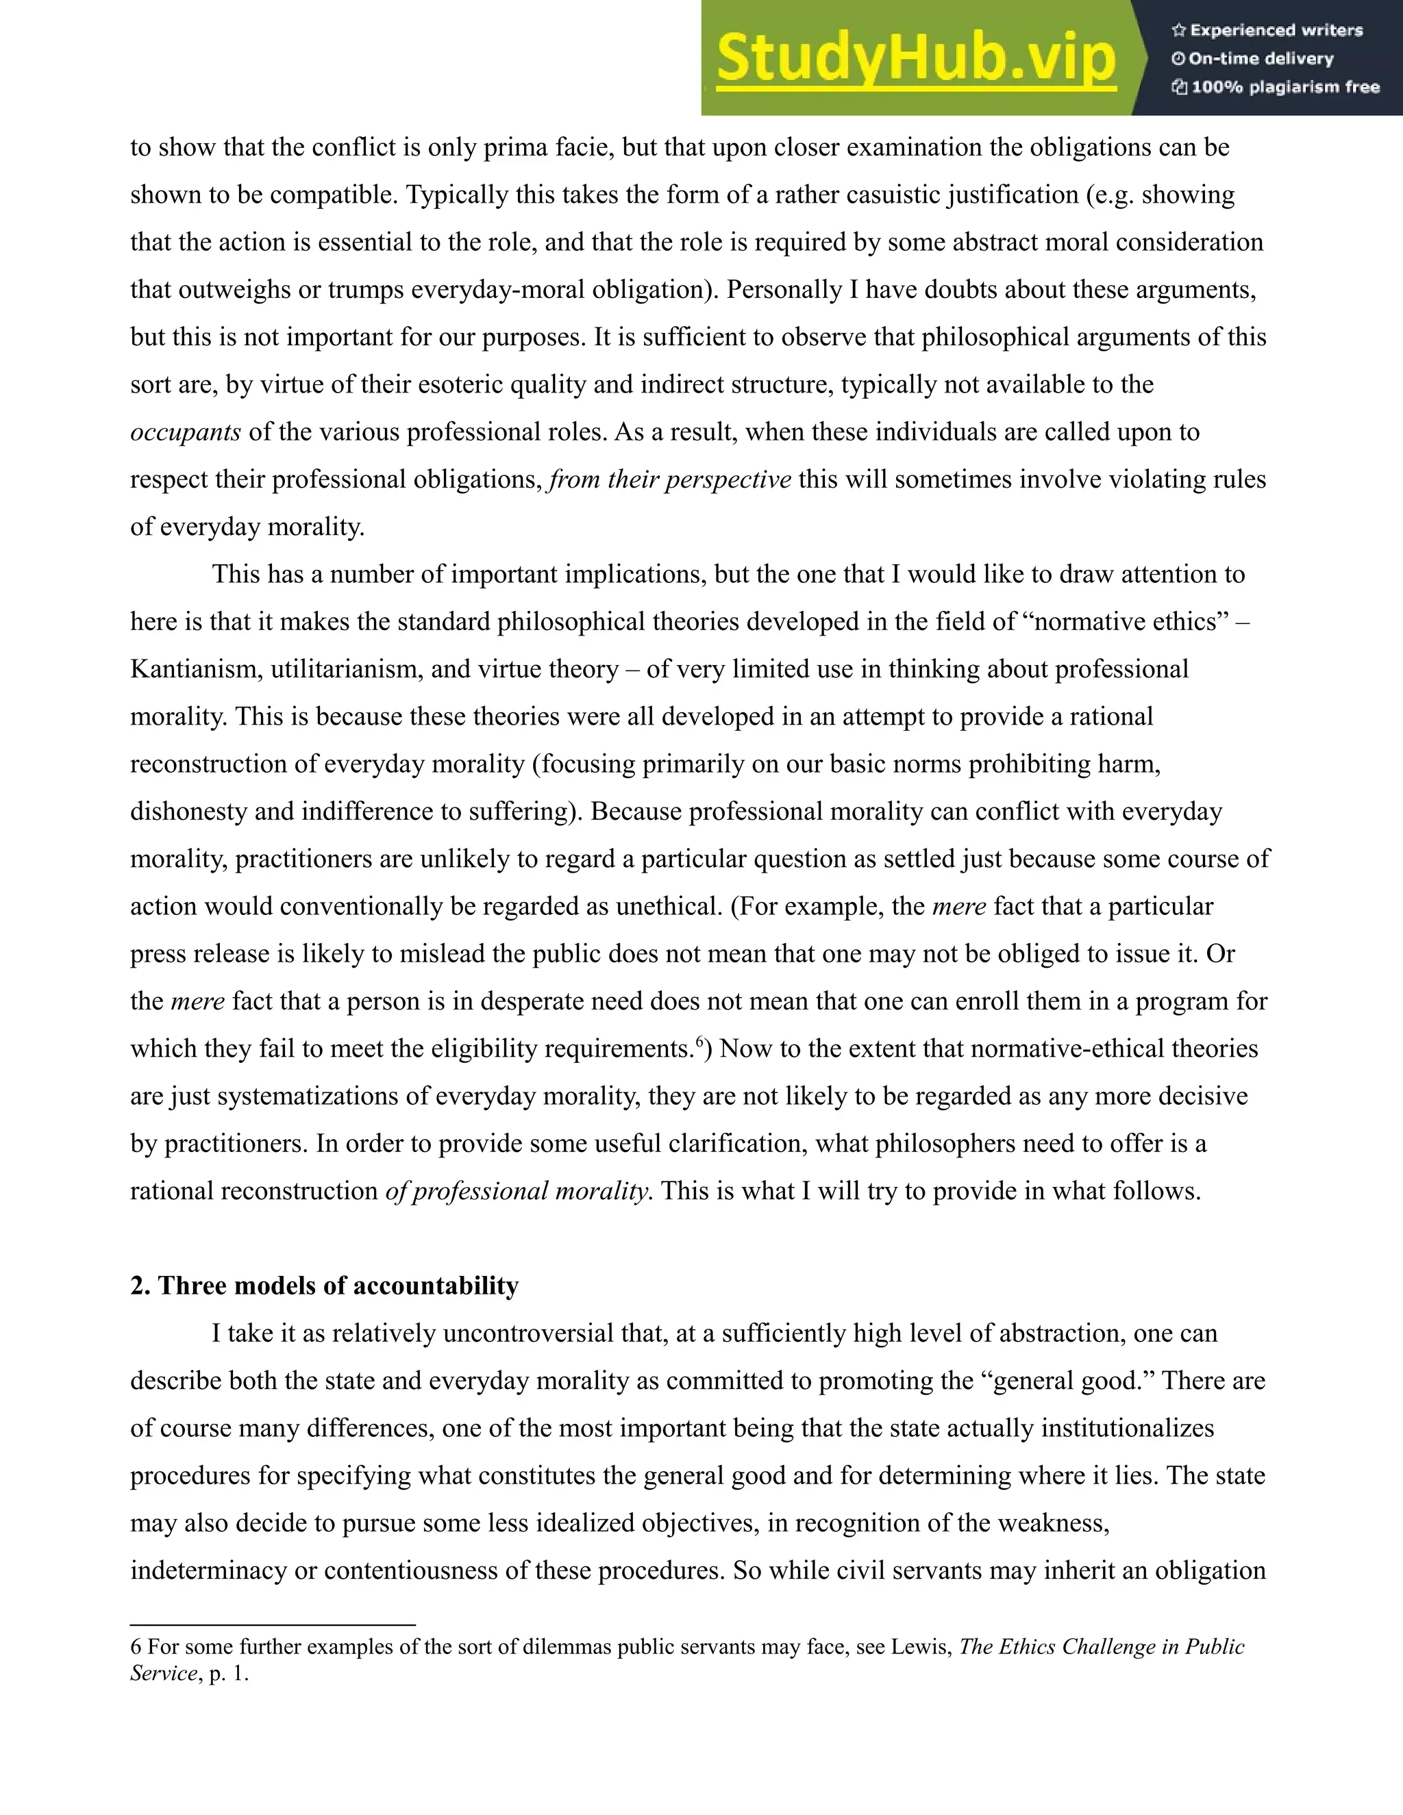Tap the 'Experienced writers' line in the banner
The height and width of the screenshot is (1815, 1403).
click(1276, 31)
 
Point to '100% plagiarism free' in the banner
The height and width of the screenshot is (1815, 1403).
click(1284, 87)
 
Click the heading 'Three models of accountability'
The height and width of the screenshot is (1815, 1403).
click(324, 1286)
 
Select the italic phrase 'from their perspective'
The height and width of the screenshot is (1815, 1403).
click(670, 479)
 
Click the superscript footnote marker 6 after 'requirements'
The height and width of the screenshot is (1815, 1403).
click(700, 1040)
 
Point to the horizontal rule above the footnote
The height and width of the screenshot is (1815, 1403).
click(273, 1624)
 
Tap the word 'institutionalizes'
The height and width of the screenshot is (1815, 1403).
click(1127, 1428)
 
